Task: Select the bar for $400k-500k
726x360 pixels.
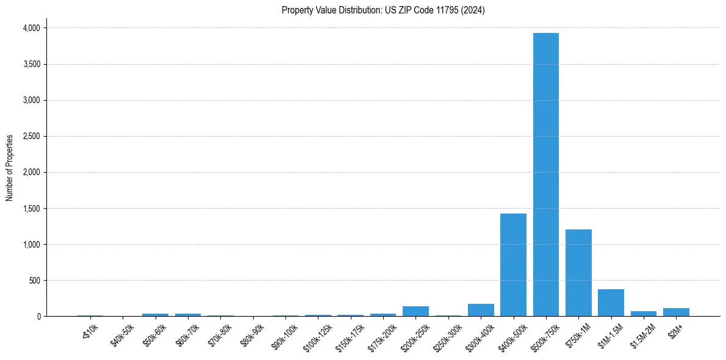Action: tap(513, 265)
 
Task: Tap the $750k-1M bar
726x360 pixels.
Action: tap(578, 273)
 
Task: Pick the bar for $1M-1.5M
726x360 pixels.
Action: tap(611, 303)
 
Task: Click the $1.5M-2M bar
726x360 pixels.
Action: tap(644, 314)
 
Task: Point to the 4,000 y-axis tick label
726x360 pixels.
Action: tap(32, 28)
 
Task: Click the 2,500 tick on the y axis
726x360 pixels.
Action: tap(32, 136)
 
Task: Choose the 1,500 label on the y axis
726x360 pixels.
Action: tap(32, 209)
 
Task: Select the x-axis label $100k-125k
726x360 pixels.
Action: tap(317, 336)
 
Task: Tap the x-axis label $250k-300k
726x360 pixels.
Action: tap(447, 336)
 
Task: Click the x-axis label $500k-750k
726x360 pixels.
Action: tap(544, 336)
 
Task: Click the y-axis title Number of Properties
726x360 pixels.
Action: tap(10, 168)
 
